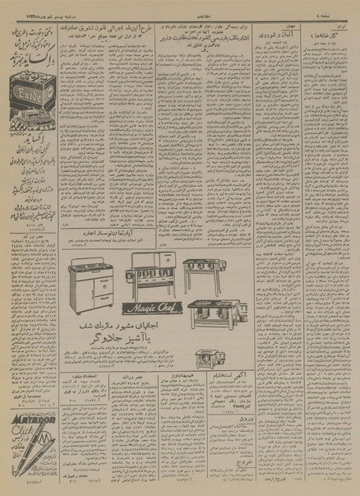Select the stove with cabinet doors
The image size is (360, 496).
click(x=92, y=283)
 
